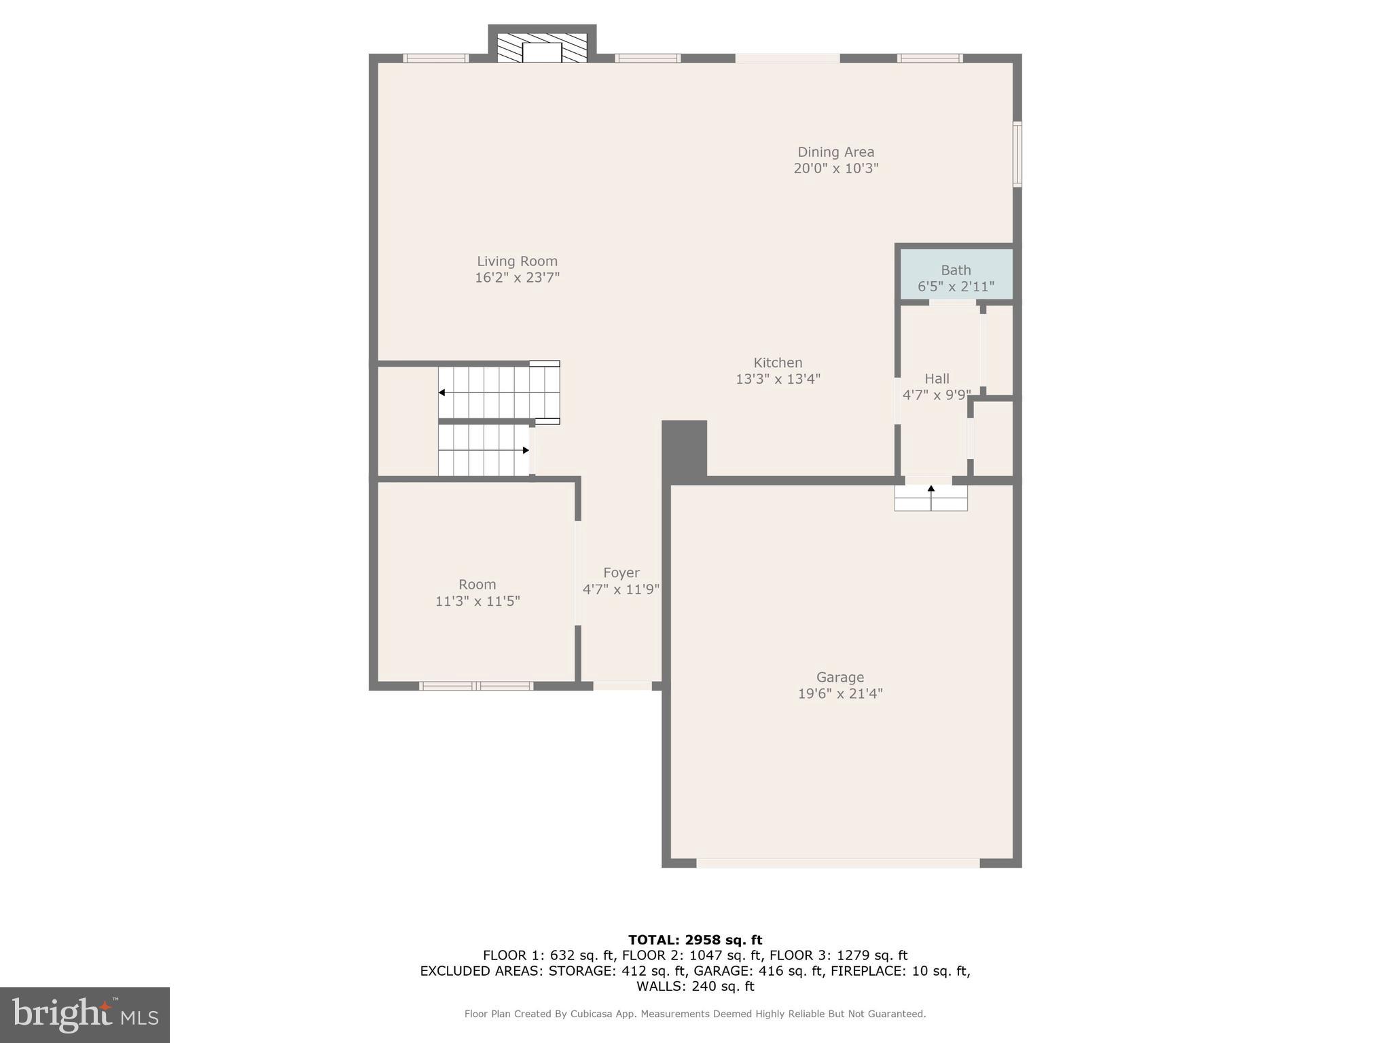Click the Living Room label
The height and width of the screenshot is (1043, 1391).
coord(517,261)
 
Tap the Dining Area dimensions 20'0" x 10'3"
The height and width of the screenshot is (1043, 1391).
coord(835,168)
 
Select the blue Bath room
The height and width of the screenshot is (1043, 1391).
coord(956,274)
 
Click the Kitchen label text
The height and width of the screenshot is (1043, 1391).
coord(778,363)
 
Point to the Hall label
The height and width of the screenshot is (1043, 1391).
coord(937,379)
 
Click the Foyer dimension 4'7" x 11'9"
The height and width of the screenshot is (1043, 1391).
coord(621,589)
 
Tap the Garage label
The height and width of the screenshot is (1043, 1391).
coord(839,677)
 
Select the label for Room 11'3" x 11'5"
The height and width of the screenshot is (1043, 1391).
coord(477,585)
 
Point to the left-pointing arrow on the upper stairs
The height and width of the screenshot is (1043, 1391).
coord(442,392)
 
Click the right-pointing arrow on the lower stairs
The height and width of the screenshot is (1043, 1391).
coord(525,450)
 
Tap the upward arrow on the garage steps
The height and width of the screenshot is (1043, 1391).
coord(931,488)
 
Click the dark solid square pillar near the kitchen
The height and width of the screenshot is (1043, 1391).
coord(684,448)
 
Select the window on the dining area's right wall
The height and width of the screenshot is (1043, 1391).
coord(1017,154)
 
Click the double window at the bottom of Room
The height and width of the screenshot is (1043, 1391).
coord(476,686)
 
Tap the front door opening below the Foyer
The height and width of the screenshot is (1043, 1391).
coord(622,686)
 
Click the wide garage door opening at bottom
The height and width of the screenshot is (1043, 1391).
coord(837,863)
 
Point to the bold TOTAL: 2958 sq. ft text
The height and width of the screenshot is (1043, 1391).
coord(695,940)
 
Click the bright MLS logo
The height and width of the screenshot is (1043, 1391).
coord(85,1014)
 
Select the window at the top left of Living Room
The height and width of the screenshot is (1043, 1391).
coord(435,58)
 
